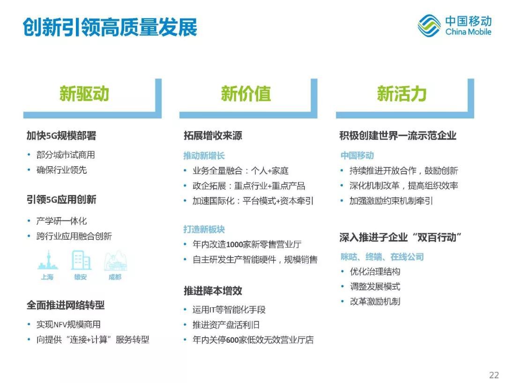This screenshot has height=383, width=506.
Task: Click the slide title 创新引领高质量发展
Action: tap(110, 27)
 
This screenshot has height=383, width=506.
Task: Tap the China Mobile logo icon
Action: tap(429, 26)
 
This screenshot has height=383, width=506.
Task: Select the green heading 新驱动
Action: tap(84, 94)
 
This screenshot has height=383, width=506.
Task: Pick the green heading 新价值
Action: tap(246, 94)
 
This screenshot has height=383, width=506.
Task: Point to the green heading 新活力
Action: tap(402, 94)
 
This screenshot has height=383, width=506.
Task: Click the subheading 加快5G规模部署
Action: tap(61, 136)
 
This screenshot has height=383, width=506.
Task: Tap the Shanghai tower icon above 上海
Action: tap(47, 260)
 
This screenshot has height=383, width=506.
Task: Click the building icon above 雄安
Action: tap(81, 260)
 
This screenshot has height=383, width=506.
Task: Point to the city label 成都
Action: tap(115, 277)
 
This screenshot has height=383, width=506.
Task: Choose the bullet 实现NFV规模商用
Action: tap(68, 324)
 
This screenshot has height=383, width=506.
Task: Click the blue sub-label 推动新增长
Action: tap(204, 156)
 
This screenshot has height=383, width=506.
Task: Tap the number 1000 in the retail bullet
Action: tap(237, 244)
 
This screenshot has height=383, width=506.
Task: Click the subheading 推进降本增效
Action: tap(213, 291)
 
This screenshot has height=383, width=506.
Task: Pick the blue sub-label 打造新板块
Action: tap(204, 229)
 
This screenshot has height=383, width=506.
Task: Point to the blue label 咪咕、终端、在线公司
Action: tap(382, 257)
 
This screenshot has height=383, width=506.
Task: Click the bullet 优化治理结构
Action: tap(375, 272)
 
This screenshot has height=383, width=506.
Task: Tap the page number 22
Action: tap(494, 375)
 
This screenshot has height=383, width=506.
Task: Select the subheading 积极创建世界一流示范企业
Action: tap(398, 136)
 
